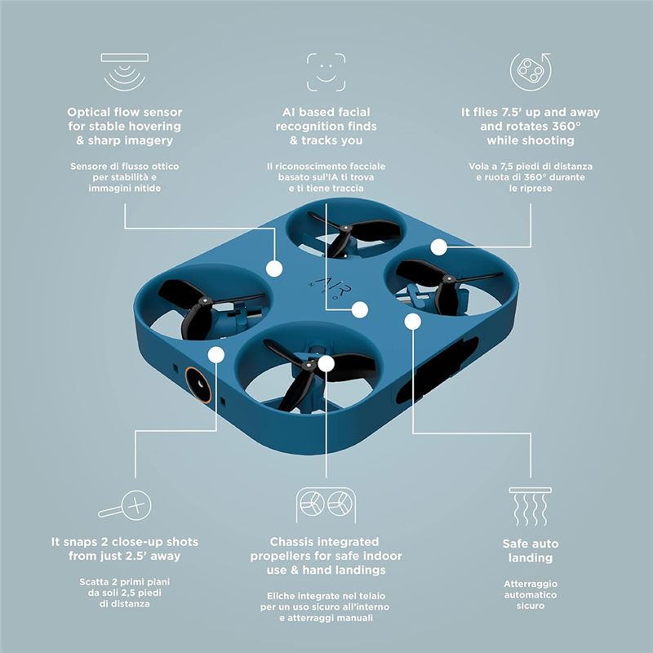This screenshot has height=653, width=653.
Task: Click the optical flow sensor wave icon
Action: pos(125,72)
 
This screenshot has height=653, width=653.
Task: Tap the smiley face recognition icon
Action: pos(326,72)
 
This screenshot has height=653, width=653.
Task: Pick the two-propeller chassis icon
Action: pos(326,504)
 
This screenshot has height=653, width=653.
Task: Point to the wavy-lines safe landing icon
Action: pos(530,506)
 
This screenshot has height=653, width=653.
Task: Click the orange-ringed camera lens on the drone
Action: pos(198,384)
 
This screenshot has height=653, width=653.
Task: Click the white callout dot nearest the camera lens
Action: pos(216,355)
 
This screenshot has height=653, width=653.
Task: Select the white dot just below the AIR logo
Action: pos(360,310)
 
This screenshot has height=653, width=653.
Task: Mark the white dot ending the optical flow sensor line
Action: pos(274,269)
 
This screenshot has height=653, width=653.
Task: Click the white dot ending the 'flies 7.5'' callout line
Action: pos(438,247)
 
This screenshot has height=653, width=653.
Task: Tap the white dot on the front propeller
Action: pos(326,363)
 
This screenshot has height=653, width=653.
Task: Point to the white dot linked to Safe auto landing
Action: pos(413,322)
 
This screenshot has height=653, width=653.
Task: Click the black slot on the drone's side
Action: pos(438,371)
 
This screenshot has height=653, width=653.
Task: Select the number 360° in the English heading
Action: pos(566,127)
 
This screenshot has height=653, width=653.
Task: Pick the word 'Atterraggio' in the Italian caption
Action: pos(531,584)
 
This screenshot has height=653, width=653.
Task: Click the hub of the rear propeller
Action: pos(345,229)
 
